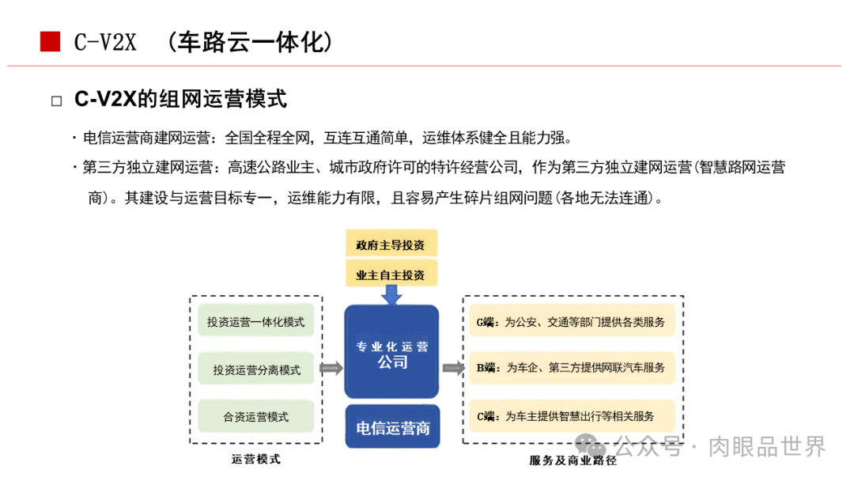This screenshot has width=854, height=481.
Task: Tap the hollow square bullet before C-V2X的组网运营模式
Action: coord(56,100)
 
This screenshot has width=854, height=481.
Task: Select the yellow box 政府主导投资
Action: coord(391,244)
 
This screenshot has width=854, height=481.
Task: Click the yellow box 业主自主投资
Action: coord(391,275)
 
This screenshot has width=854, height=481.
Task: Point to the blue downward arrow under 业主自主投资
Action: coord(391,295)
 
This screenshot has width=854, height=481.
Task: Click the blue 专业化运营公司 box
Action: coord(391,352)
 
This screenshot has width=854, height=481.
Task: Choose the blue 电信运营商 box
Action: coord(392,427)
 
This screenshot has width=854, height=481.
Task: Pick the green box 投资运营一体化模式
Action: coord(255,322)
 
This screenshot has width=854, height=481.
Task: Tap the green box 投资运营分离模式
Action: coord(255,369)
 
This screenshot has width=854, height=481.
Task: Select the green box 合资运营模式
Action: coord(255,416)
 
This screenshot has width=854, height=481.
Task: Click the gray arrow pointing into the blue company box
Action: coord(332,369)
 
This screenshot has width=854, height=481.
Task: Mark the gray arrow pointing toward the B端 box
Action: coord(453,369)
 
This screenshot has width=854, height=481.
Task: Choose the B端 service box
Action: coord(572,368)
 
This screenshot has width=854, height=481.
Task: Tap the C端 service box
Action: coord(572,415)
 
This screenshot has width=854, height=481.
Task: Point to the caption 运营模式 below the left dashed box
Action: coord(255,459)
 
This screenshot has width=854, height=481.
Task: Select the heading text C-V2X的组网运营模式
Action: coord(180,100)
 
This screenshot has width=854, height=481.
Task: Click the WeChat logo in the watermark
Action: coord(590,447)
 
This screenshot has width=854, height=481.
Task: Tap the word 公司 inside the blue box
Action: coord(392,362)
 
